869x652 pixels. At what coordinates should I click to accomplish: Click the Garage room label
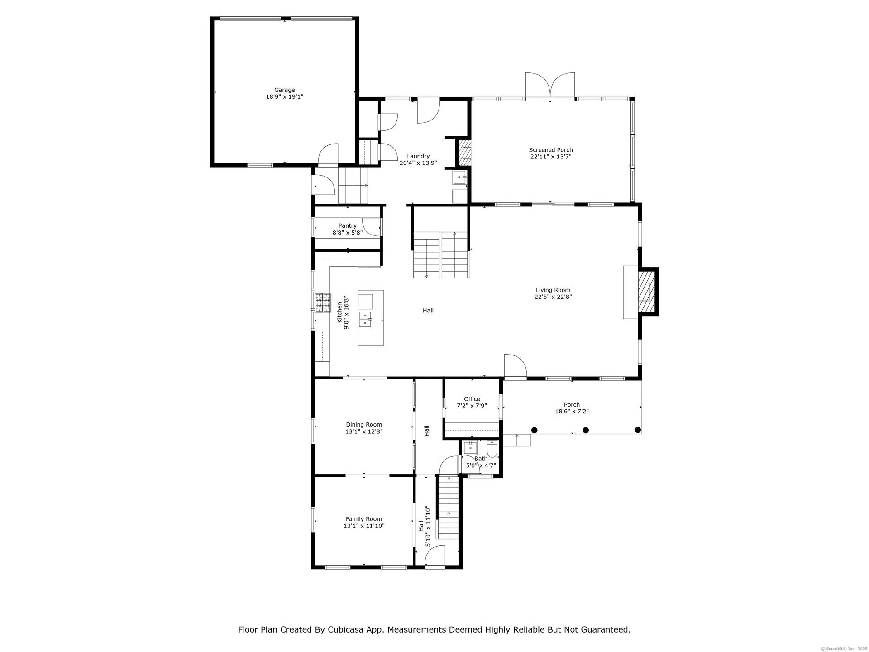point(284,90)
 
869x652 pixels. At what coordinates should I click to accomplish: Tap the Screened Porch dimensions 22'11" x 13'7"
point(551,157)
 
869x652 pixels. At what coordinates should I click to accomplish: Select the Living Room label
point(553,290)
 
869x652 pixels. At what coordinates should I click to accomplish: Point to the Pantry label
point(348,226)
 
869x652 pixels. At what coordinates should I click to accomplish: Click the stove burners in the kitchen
point(323,302)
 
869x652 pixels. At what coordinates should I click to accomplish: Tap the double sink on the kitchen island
point(365,319)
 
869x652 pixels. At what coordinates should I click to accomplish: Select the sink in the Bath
point(470,448)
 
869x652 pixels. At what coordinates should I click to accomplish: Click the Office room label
point(472,399)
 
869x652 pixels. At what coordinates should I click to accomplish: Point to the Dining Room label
point(364,425)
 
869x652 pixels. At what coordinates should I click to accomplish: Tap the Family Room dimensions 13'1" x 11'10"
point(364,526)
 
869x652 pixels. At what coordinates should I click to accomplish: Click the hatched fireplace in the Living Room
point(647,292)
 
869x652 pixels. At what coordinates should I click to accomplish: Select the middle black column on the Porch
point(586,430)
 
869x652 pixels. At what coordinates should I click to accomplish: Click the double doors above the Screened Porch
point(550,85)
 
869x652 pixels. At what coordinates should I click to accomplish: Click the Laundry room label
point(418,156)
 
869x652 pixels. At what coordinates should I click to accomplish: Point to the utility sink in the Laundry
point(460,177)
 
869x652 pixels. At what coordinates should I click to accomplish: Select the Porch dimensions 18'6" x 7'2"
point(572,412)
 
